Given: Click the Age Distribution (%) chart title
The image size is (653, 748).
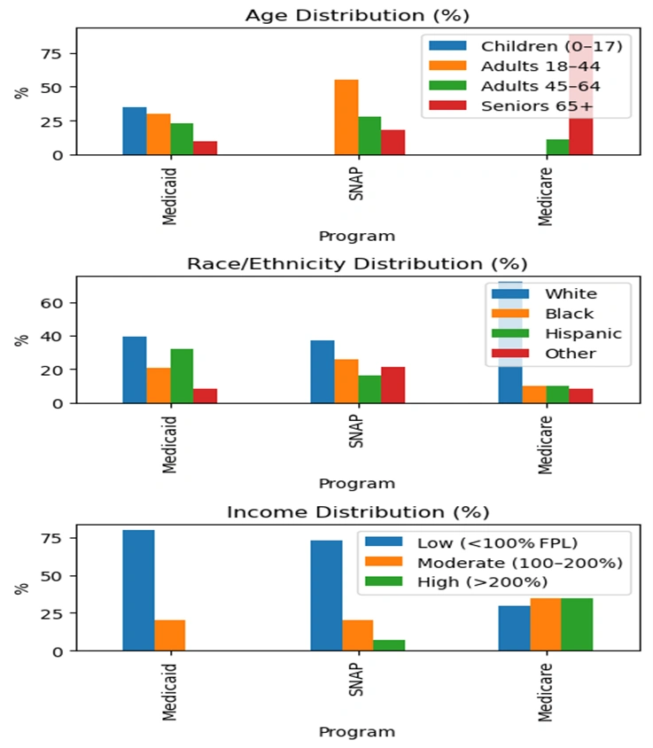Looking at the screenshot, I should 357,15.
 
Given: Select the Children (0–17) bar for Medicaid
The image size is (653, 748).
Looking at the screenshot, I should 135,131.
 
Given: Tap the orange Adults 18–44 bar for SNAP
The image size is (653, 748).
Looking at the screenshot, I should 346,117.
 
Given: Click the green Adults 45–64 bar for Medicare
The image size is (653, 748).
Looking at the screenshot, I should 557,147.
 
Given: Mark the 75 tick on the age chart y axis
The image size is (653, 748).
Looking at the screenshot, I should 55,53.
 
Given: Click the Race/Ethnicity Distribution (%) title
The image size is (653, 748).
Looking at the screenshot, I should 357,264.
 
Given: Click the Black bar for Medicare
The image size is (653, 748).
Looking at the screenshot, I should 533,394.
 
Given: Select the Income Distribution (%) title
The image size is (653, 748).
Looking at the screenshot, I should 357,512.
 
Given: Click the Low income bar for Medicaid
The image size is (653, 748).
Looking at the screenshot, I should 138,590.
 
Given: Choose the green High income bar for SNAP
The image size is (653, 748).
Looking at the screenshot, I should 389,645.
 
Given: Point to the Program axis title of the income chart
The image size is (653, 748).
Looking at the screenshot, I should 357,732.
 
